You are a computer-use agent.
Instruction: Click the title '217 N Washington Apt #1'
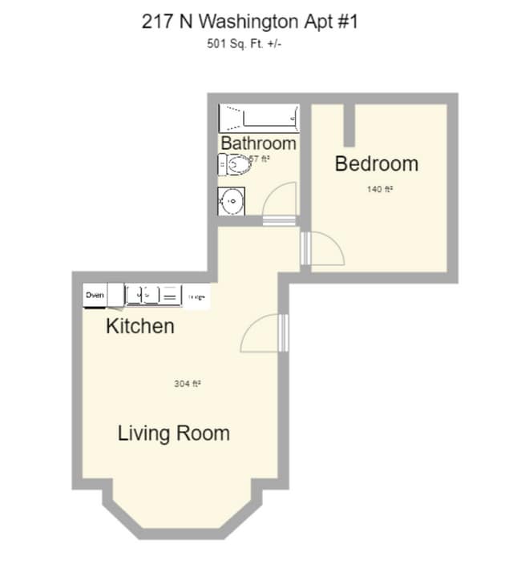click(x=250, y=22)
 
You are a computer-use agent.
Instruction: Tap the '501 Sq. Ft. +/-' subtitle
click(x=244, y=44)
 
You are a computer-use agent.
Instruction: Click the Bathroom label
click(x=258, y=143)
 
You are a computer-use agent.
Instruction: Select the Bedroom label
click(x=376, y=164)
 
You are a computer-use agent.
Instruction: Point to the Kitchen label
click(x=140, y=326)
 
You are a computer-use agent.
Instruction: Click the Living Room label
click(x=174, y=433)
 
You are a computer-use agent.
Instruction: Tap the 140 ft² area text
click(x=379, y=190)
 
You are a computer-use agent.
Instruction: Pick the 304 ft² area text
click(x=187, y=384)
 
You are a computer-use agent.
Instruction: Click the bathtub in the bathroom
click(x=258, y=119)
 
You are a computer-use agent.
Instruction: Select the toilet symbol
click(x=233, y=165)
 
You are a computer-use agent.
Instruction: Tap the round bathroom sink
click(x=231, y=200)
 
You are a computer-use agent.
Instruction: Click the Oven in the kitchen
click(x=95, y=296)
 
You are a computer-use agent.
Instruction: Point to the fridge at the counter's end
click(x=197, y=296)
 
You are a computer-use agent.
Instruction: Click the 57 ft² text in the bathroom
click(x=259, y=159)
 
